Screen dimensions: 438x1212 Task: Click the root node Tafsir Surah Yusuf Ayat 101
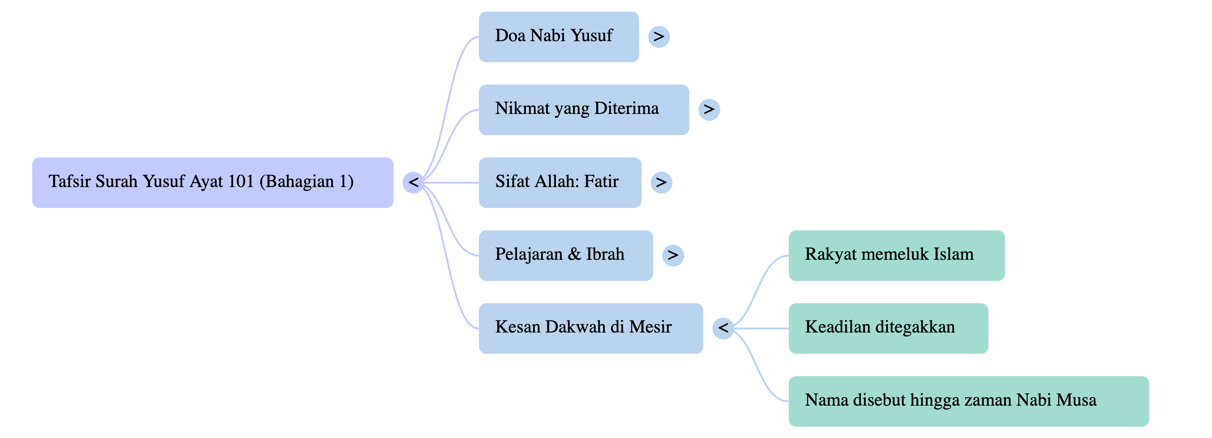tap(212, 183)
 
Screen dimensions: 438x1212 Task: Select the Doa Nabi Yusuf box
tap(559, 37)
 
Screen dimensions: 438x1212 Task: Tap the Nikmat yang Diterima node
tap(584, 110)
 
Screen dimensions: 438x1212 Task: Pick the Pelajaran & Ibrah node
tap(565, 255)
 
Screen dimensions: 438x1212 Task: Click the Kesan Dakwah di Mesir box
tap(590, 328)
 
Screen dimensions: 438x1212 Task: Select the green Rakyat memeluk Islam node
tap(896, 255)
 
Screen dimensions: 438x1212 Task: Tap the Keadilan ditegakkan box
tap(888, 328)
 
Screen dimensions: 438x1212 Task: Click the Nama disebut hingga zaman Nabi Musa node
tap(968, 401)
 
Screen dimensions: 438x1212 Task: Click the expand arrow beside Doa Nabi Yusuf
tap(659, 37)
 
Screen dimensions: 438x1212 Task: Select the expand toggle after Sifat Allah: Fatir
tap(661, 183)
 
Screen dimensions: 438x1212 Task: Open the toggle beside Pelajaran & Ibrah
tap(673, 255)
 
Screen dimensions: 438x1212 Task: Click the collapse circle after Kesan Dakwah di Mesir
tap(723, 328)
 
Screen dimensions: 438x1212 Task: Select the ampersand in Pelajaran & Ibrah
tap(574, 254)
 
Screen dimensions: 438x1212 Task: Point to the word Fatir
tap(601, 182)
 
